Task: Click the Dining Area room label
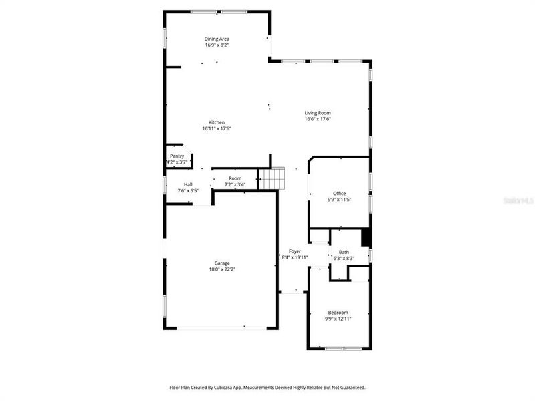coord(217,39)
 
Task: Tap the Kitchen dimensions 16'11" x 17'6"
coord(217,128)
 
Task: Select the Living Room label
coord(318,113)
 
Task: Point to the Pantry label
coord(177,156)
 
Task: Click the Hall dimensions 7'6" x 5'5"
coord(188,191)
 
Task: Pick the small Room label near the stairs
coord(235,178)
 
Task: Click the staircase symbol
coord(272,178)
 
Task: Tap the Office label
coord(340,194)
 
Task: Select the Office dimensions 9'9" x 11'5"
coord(340,200)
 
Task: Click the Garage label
coord(222,263)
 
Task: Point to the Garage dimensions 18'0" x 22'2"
coord(222,269)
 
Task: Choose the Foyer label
coord(294,251)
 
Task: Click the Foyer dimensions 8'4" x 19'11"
coord(294,257)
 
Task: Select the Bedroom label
coord(338,313)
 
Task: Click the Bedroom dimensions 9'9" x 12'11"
coord(338,319)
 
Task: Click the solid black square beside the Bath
coord(366,238)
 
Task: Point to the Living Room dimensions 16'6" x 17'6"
coord(318,120)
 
